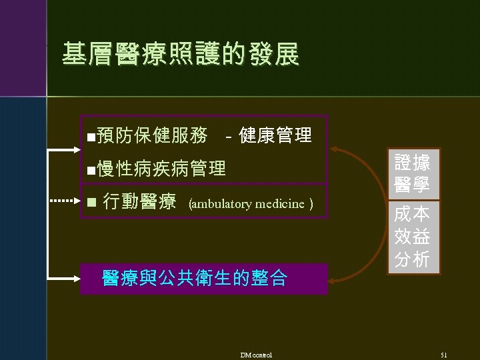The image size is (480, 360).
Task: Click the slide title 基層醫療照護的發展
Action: pyautogui.click(x=180, y=55)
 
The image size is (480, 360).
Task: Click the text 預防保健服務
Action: pyautogui.click(x=151, y=135)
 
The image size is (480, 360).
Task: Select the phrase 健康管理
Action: pyautogui.click(x=275, y=135)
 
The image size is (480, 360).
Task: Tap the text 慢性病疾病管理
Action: pyautogui.click(x=161, y=168)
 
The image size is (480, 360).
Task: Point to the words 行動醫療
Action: pyautogui.click(x=140, y=201)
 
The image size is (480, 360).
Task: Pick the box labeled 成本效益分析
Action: pyautogui.click(x=411, y=237)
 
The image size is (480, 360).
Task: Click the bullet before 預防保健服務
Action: pyautogui.click(x=91, y=137)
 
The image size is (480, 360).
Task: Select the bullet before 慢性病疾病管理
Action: pyautogui.click(x=91, y=169)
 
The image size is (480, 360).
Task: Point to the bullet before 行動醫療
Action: pyautogui.click(x=91, y=203)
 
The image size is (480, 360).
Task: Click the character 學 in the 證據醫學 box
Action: pyautogui.click(x=421, y=184)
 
